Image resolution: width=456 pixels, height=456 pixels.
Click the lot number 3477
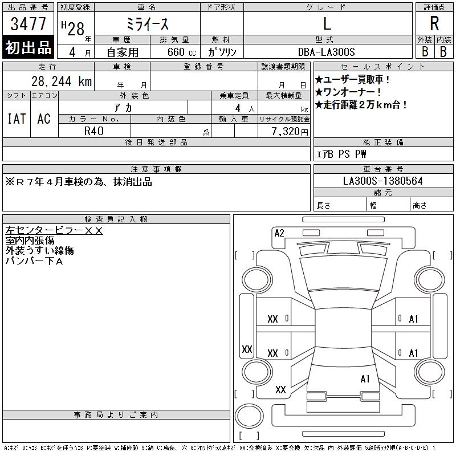(28, 23)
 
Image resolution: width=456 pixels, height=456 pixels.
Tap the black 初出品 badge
(28, 47)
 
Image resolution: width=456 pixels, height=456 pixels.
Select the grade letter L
(327, 23)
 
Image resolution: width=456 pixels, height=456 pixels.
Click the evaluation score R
(434, 23)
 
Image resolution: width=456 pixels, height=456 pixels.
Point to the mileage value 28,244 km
(62, 81)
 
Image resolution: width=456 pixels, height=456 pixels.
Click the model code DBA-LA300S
(326, 52)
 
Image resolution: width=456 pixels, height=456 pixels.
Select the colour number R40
(94, 131)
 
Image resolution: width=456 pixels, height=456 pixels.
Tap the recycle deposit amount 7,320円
(290, 132)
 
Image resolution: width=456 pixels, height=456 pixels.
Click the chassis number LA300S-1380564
(382, 181)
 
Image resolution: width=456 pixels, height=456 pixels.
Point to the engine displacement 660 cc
(181, 52)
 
